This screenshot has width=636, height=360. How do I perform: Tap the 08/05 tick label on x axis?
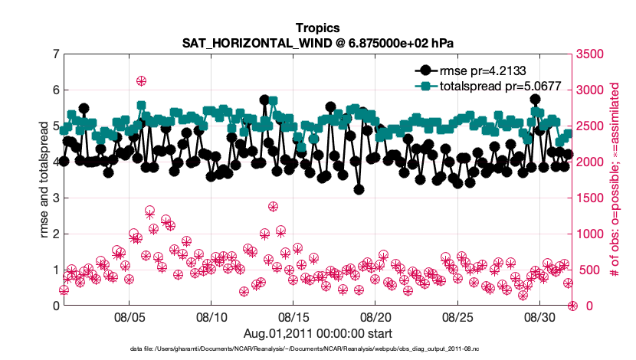(129, 317)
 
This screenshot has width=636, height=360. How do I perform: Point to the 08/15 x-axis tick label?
(293, 317)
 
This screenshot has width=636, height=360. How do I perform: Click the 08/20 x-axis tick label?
(375, 317)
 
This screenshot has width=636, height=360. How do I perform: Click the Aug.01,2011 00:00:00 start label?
(317, 333)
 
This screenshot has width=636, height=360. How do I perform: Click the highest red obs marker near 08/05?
(141, 81)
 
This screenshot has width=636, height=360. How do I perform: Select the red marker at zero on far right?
(572, 306)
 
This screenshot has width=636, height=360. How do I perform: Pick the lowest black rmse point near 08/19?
(359, 190)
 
